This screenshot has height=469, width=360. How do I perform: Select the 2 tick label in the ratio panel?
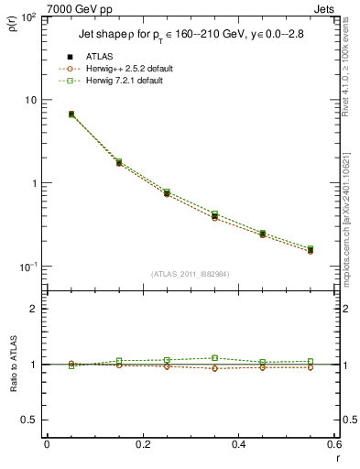tap(33, 309)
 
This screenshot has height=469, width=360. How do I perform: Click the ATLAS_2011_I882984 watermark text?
tap(191, 273)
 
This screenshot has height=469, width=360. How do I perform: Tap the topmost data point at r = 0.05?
tap(71, 115)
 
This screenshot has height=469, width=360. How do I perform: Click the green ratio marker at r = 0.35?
tap(214, 358)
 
